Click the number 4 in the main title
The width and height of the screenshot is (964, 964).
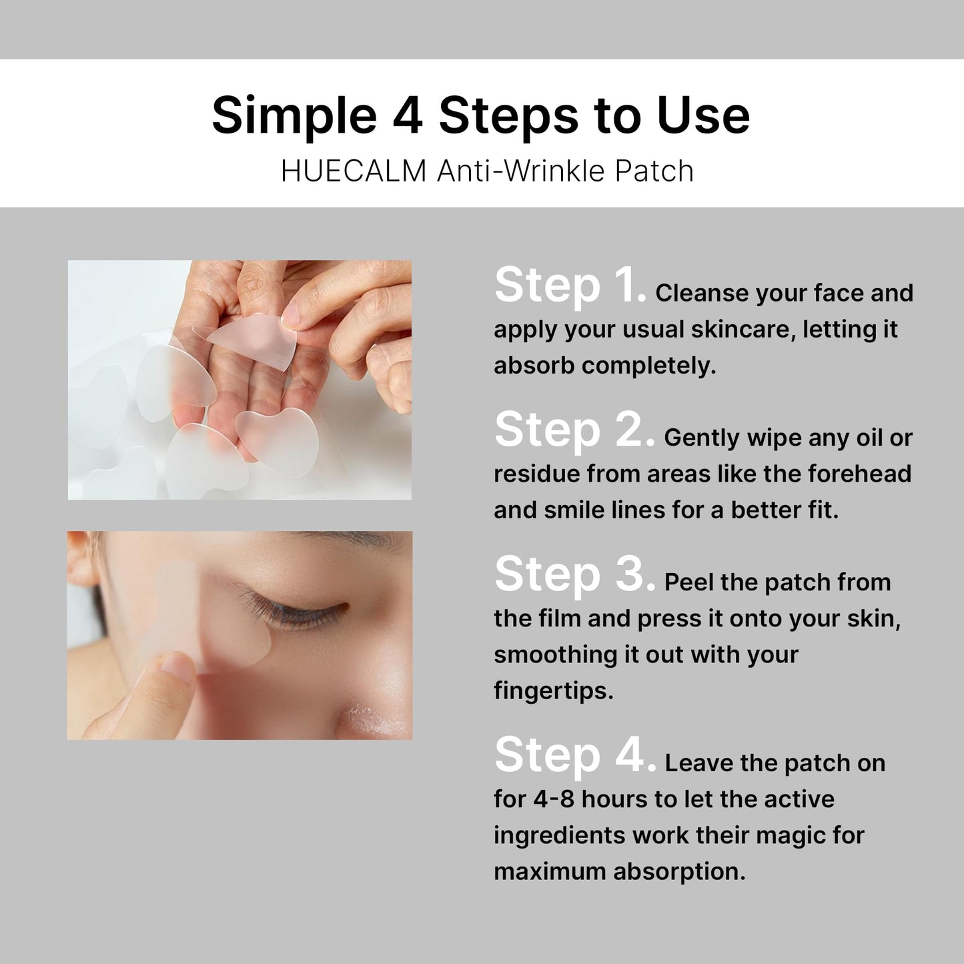pyautogui.click(x=407, y=115)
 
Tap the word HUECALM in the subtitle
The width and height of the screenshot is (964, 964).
pyautogui.click(x=354, y=171)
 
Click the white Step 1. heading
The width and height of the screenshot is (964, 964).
pyautogui.click(x=570, y=286)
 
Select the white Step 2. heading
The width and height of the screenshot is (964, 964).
pyautogui.click(x=575, y=431)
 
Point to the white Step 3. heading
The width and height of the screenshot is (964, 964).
pyautogui.click(x=575, y=575)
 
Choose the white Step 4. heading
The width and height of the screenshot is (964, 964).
pyautogui.click(x=575, y=756)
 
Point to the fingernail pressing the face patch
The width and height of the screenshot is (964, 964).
pyautogui.click(x=177, y=669)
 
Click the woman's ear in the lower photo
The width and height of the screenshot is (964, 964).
pyautogui.click(x=81, y=558)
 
